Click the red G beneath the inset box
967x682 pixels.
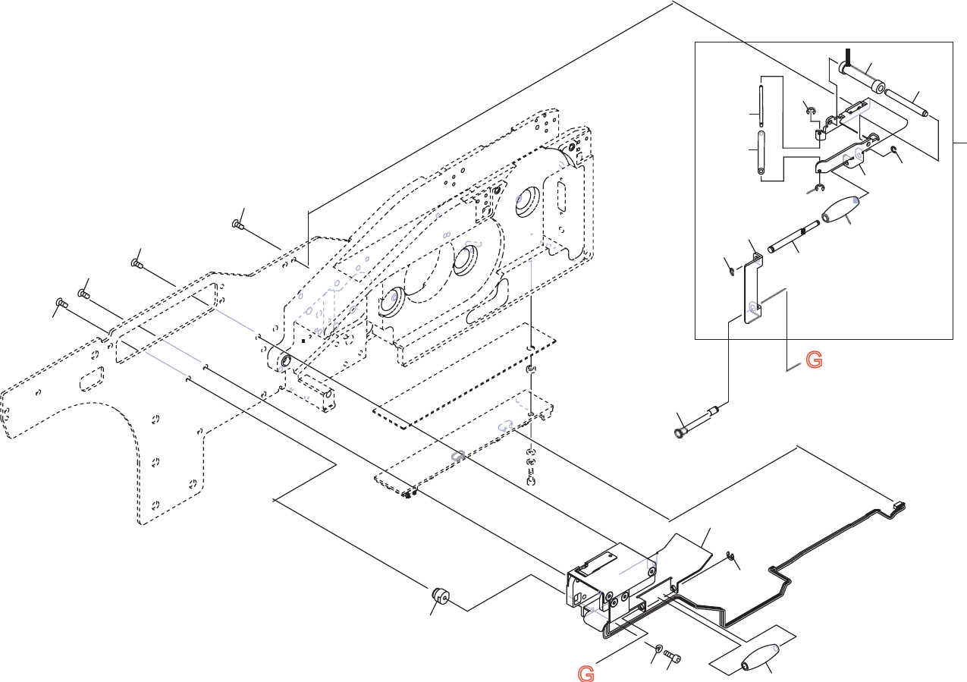point(813,360)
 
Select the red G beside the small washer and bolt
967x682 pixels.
point(585,673)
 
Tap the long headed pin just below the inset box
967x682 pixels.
point(693,423)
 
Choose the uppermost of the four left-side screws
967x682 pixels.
point(237,224)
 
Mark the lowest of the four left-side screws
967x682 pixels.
point(62,303)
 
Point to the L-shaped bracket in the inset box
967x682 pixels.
point(752,288)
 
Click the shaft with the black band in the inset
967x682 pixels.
point(793,237)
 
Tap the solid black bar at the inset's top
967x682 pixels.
point(848,56)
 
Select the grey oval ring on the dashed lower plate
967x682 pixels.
point(457,455)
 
